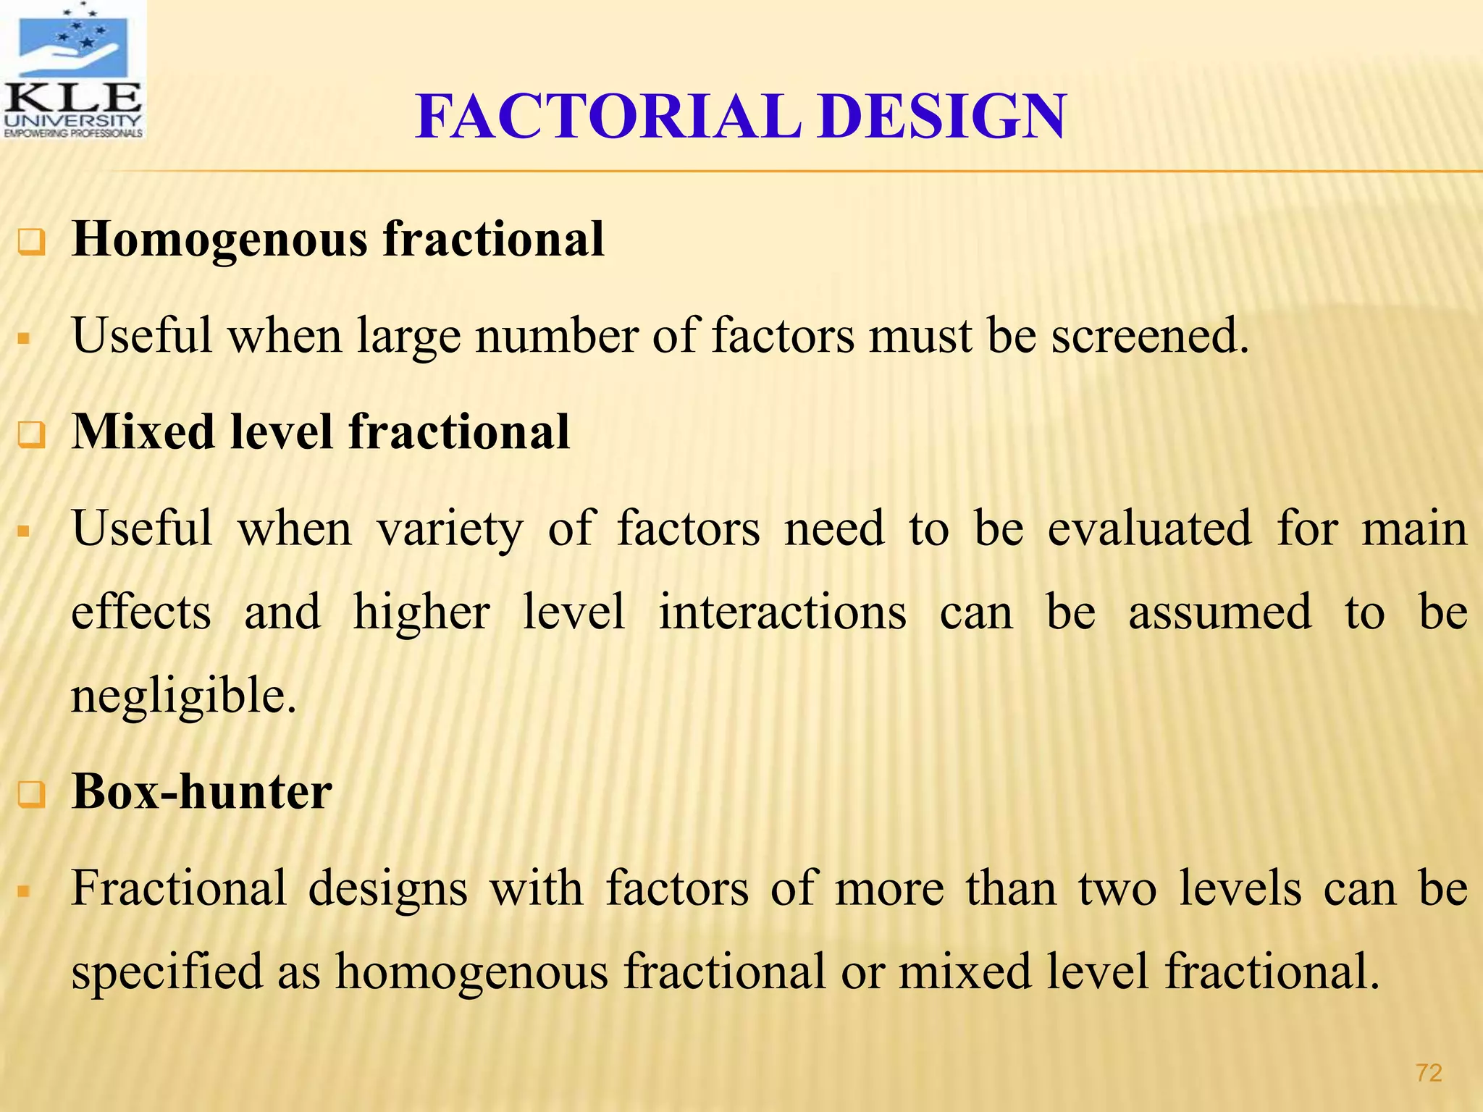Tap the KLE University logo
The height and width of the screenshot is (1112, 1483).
point(72,70)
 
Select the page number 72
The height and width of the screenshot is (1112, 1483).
point(1429,1073)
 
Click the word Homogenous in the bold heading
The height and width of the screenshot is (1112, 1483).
point(219,240)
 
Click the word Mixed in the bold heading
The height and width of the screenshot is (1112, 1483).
point(143,432)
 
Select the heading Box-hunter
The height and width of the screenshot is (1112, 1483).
point(201,791)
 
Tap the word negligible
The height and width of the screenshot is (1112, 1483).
point(184,696)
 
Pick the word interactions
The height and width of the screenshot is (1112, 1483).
point(782,612)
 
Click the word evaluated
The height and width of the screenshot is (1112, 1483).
point(1149,528)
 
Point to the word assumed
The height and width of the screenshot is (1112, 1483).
point(1219,612)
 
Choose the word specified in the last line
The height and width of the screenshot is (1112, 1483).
point(167,972)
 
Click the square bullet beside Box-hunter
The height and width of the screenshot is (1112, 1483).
point(31,796)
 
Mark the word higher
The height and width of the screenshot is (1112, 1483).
point(421,612)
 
